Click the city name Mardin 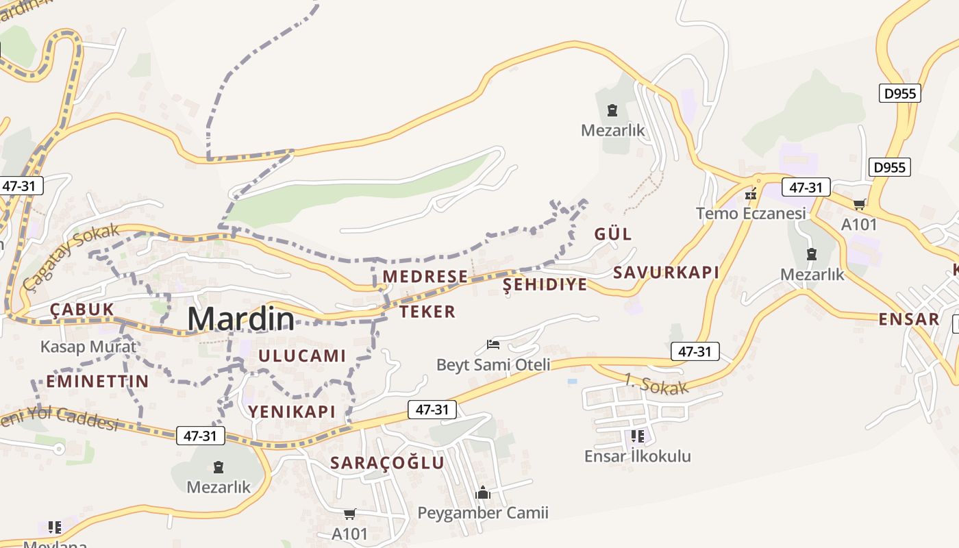pos(240,319)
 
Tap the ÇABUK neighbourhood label pos(82,310)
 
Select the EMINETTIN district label pos(97,382)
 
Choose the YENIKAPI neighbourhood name pos(292,412)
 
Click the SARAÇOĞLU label pos(387,463)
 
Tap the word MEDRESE pos(425,277)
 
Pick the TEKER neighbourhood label pos(427,312)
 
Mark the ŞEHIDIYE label pos(545,285)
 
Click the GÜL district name pos(613,234)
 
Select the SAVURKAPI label pos(666,273)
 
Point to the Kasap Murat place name pos(88,347)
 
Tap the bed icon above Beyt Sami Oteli pos(493,344)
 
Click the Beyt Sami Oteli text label pos(493,364)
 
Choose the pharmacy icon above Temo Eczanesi pos(751,194)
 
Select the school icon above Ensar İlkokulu pos(638,436)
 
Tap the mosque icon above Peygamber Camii pos(483,493)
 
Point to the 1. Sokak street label pos(656,384)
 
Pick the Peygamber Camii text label pos(483,513)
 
